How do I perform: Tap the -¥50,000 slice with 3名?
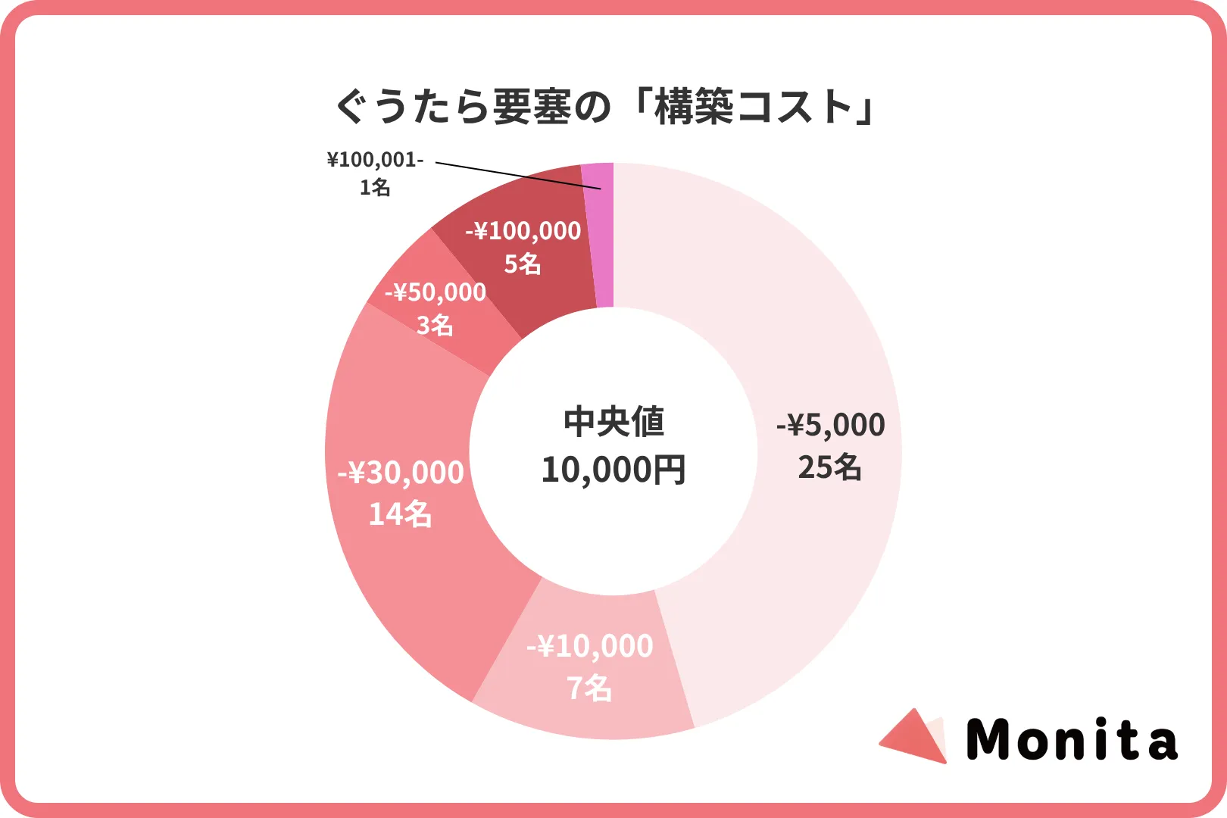424,333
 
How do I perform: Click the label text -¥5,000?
831,425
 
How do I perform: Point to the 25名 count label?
829,467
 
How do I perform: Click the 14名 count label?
400,514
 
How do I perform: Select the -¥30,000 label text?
401,473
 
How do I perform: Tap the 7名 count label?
589,688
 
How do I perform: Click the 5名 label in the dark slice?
523,264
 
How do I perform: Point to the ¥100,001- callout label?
375,160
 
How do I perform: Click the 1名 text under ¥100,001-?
375,187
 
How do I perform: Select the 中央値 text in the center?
613,422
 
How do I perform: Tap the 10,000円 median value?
613,470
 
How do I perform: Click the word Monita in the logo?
1072,740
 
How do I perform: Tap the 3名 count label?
435,326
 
